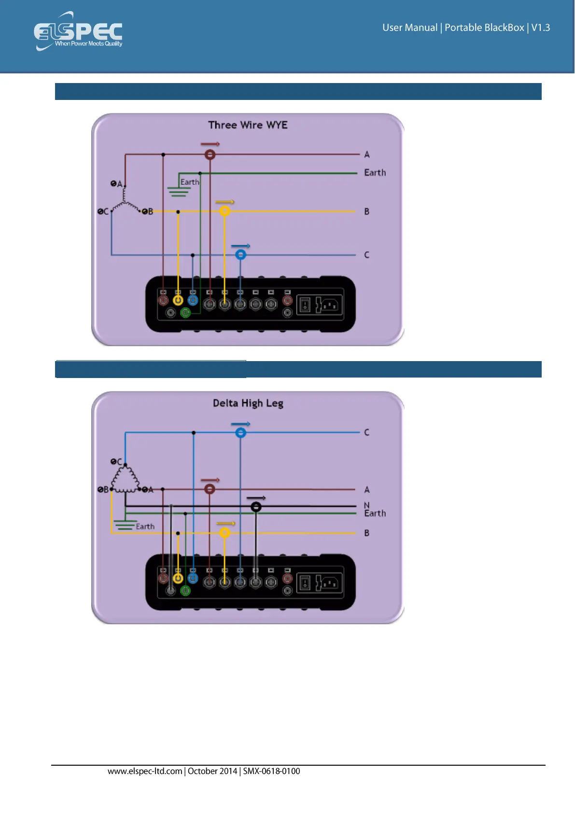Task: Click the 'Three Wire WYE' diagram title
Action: click(x=248, y=125)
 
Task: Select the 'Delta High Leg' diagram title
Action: click(x=248, y=403)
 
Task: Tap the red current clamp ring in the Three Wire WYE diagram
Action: click(x=210, y=154)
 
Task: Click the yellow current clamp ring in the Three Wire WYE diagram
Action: click(x=224, y=211)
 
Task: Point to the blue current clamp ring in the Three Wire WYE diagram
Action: click(x=240, y=254)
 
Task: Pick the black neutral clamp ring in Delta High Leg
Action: click(x=256, y=506)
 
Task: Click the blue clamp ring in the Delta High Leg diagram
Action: click(x=240, y=433)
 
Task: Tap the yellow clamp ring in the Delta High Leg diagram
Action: click(x=224, y=533)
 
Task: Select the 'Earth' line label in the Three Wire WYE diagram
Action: click(x=375, y=173)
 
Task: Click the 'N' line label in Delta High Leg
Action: click(x=366, y=505)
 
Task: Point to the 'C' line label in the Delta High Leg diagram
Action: click(x=366, y=433)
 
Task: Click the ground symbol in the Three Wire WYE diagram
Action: click(x=179, y=191)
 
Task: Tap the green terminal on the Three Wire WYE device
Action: click(x=185, y=313)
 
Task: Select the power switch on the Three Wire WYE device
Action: click(x=305, y=305)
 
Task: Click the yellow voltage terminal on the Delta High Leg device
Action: click(x=178, y=578)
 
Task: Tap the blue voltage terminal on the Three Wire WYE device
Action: click(x=193, y=300)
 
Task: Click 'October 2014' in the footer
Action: click(x=212, y=771)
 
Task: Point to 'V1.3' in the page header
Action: click(x=540, y=28)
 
